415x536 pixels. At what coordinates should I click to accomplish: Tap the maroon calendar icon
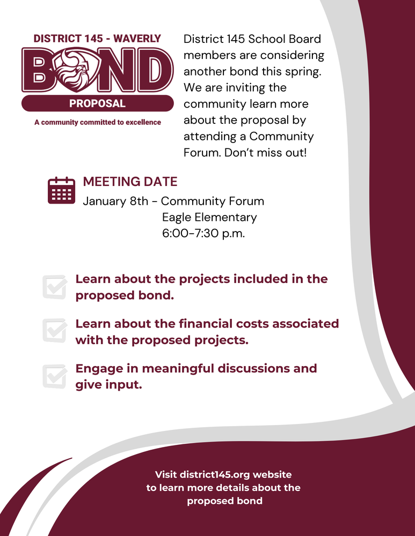61,190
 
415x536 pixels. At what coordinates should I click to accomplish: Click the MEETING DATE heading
130,182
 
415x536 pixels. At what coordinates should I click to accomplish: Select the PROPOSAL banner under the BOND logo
97,103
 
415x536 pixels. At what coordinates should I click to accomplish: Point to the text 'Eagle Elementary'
209,217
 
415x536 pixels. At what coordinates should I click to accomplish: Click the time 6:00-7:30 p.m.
203,233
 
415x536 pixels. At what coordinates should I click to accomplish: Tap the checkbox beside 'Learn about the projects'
54,287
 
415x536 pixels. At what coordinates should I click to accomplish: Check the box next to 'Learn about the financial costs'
54,331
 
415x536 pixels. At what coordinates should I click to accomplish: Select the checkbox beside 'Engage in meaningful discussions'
54,376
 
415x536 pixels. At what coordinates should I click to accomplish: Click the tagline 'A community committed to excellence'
97,122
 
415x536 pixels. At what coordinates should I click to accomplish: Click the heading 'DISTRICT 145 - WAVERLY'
97,39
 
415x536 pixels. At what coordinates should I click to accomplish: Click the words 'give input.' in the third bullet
108,384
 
